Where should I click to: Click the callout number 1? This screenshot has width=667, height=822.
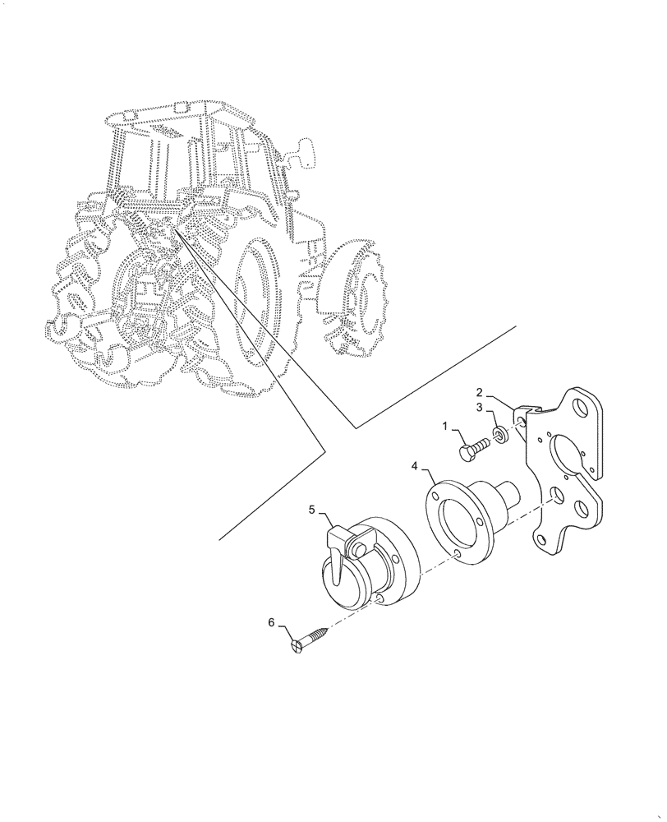point(446,427)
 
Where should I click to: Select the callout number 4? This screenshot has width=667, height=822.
point(416,467)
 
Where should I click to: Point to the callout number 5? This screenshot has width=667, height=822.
point(312,510)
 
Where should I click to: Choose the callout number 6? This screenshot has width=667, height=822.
point(271,622)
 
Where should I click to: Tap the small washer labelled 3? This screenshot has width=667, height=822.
point(499,433)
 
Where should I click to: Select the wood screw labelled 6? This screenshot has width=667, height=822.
point(310,638)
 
